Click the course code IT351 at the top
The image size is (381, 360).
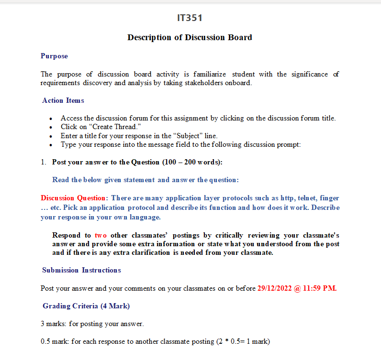(190, 18)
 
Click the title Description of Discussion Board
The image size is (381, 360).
(190, 37)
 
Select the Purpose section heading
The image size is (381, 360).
(54, 56)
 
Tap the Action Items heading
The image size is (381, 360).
(63, 100)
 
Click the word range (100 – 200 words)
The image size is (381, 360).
(192, 162)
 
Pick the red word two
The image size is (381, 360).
(101, 235)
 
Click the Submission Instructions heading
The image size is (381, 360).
(81, 270)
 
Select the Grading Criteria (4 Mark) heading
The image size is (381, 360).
(86, 306)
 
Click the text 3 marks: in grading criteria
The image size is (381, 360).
(54, 324)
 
